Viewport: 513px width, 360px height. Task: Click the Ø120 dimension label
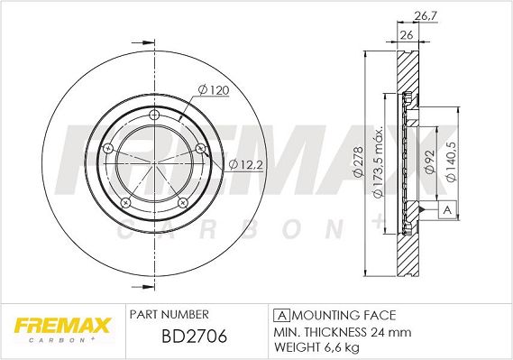click(x=214, y=90)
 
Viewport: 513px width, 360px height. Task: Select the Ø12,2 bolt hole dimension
click(x=246, y=164)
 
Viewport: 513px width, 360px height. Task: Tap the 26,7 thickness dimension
click(x=426, y=16)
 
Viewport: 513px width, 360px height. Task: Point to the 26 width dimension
click(x=407, y=34)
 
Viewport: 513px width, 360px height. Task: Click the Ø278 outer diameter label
click(x=358, y=162)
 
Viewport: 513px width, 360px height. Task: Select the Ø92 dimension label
click(x=429, y=162)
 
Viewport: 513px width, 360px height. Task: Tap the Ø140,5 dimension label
click(x=452, y=162)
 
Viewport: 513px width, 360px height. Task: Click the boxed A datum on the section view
click(x=447, y=209)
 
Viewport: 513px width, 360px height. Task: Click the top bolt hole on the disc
click(x=154, y=115)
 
